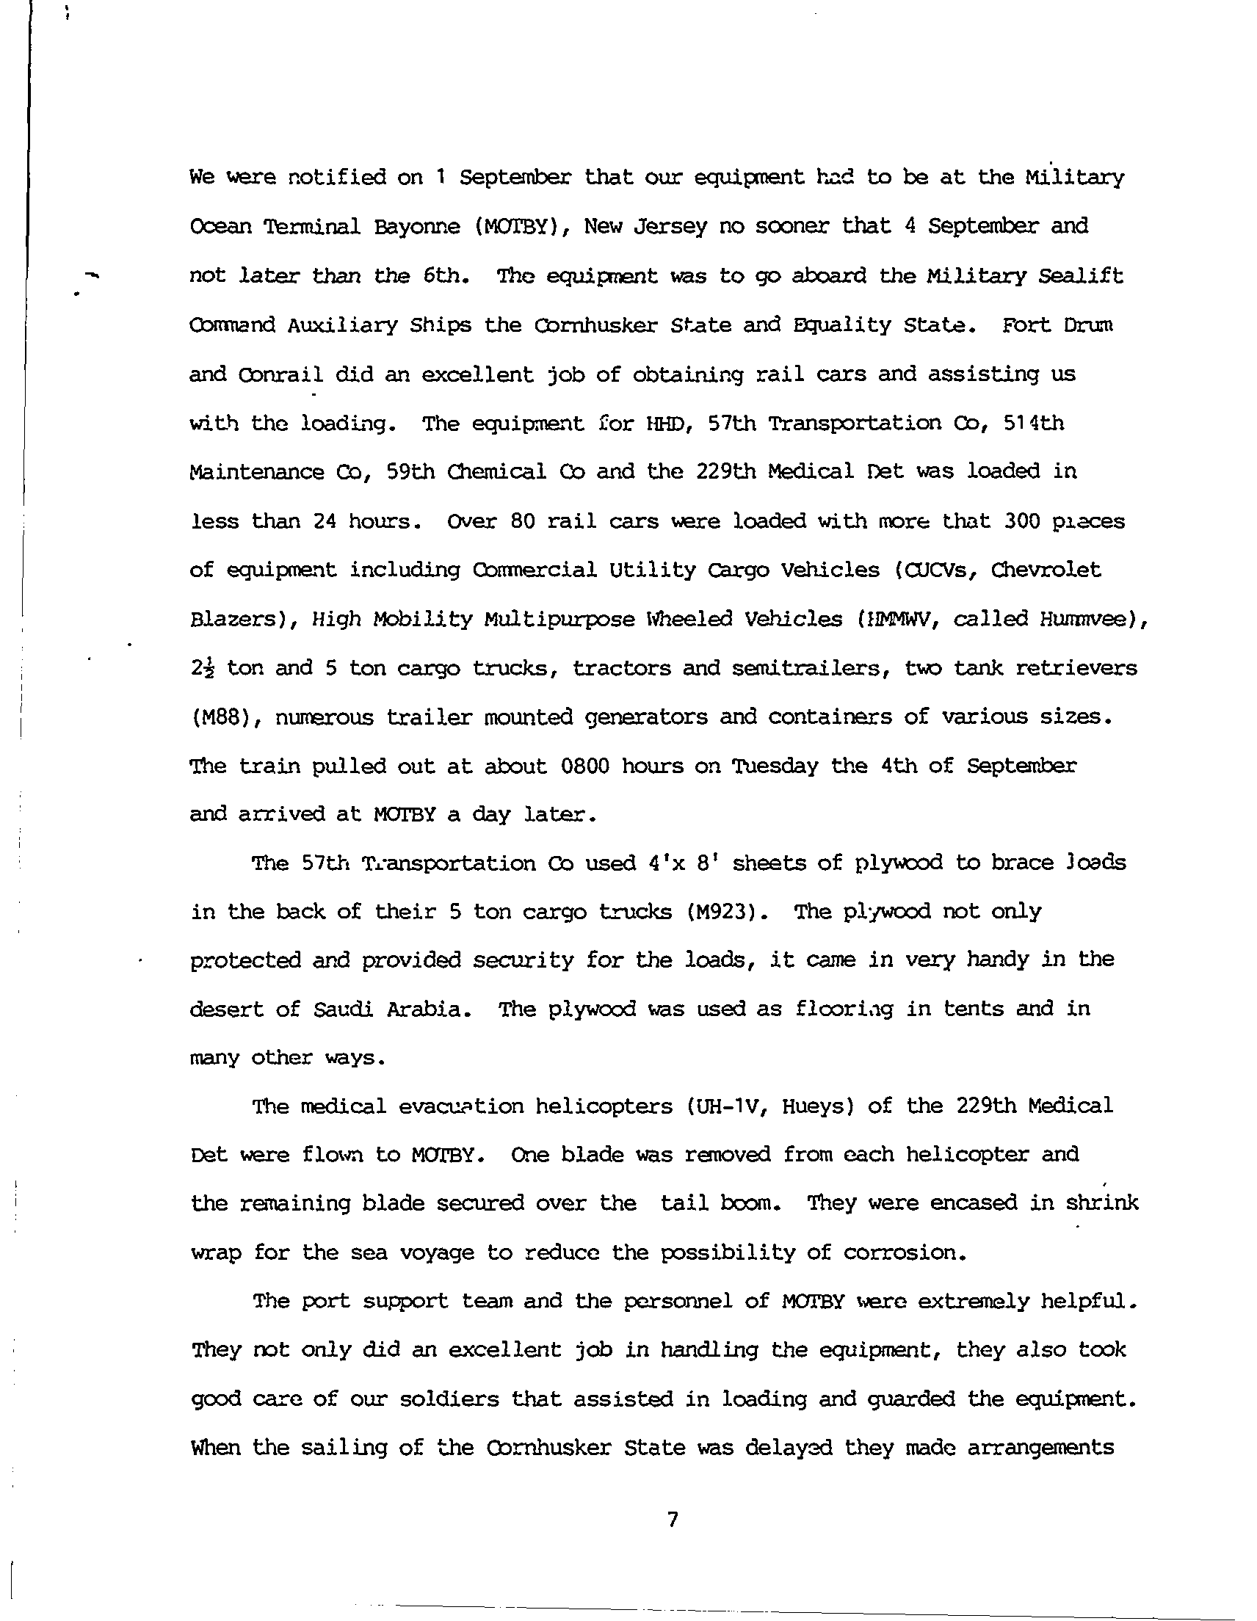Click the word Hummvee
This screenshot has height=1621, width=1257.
coord(1084,619)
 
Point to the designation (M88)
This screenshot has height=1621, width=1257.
coord(220,718)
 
